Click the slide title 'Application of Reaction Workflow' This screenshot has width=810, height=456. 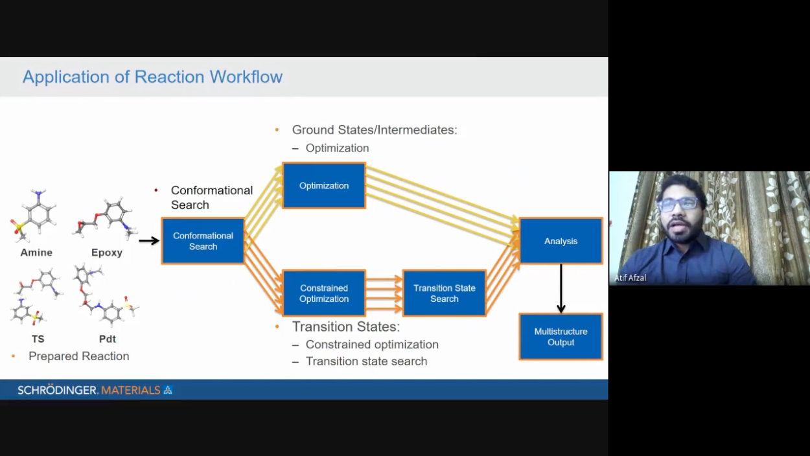[x=152, y=77]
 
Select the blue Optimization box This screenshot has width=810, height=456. [x=324, y=186]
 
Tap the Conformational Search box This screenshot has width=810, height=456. [x=203, y=241]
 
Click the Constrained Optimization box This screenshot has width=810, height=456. [x=324, y=293]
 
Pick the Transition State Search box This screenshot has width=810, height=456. [x=445, y=293]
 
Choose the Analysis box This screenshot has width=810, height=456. [x=561, y=241]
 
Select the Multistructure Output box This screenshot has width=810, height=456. [x=561, y=337]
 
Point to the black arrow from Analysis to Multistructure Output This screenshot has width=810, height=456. [x=561, y=288]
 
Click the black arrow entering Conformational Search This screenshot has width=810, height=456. [x=149, y=241]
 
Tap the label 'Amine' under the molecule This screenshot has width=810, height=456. [x=36, y=253]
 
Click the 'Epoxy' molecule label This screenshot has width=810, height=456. [x=107, y=253]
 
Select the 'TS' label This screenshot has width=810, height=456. [x=38, y=339]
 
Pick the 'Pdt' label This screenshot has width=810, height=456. [x=108, y=339]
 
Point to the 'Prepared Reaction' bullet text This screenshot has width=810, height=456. [x=78, y=356]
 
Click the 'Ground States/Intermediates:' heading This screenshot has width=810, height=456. [x=375, y=130]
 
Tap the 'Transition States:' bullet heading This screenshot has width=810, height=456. [x=346, y=327]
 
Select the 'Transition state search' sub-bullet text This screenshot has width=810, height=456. [x=366, y=361]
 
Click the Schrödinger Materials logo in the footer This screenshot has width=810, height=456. [x=95, y=390]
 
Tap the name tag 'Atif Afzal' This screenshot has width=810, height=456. [x=631, y=278]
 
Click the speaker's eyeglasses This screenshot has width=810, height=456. [x=678, y=203]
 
